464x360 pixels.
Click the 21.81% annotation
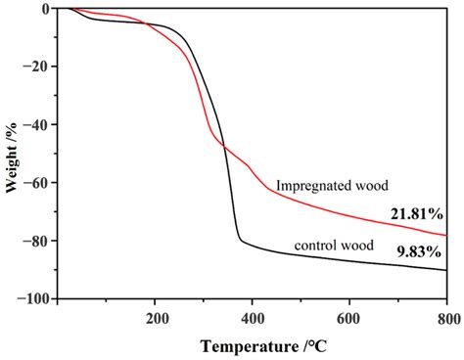419,213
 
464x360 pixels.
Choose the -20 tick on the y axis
39,67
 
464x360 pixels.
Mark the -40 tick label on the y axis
39,124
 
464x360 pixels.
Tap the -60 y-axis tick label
39,183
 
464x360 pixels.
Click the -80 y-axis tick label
39,241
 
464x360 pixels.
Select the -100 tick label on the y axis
36,298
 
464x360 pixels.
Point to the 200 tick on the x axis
156,316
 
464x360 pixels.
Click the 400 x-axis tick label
253,316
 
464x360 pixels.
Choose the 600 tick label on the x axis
349,316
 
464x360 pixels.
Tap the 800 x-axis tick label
445,316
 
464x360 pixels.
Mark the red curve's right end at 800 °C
446,236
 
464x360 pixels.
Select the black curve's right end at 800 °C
446,270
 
